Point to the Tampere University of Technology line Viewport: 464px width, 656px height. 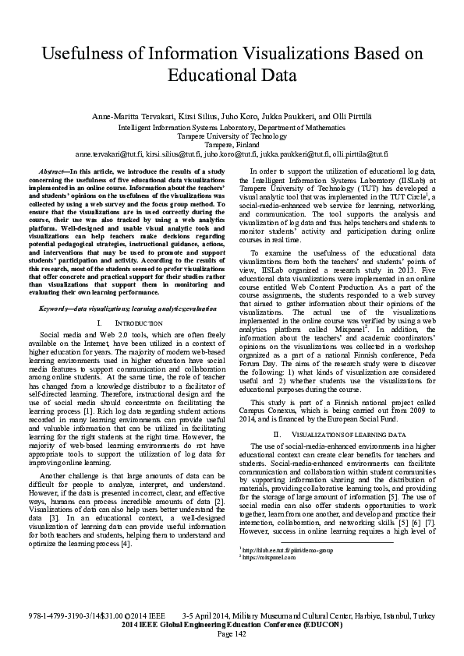point(232,135)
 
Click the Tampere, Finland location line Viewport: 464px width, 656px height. point(232,144)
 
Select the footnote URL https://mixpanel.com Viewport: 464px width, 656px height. point(263,602)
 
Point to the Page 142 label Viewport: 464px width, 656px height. point(232,633)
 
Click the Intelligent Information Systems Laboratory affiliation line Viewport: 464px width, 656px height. point(232,125)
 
